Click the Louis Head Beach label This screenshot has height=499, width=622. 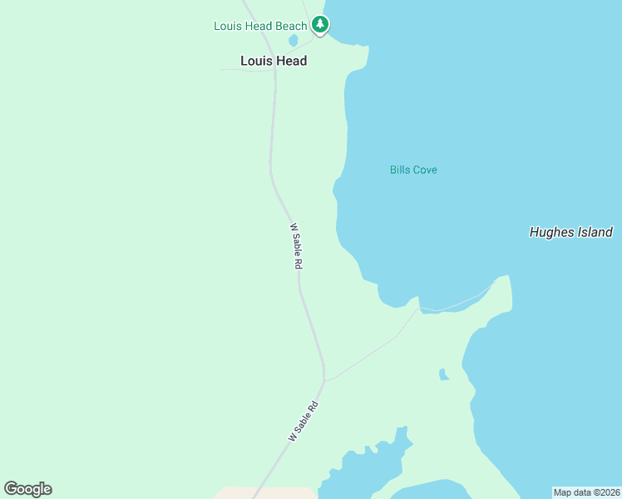point(260,26)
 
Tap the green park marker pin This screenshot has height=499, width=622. point(320,25)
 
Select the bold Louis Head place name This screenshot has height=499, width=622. point(274,61)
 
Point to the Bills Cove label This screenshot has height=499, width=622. point(413,170)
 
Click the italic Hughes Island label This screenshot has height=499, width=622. point(570,233)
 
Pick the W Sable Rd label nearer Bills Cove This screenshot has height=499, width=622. point(295,245)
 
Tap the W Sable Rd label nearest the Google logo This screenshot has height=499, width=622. point(304,422)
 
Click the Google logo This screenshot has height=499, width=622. point(27,489)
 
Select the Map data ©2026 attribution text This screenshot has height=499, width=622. point(586,492)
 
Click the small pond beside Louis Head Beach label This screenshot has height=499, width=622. point(293,40)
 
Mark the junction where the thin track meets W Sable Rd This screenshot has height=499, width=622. point(324,381)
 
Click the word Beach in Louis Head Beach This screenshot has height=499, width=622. point(291,26)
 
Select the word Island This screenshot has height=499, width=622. point(595,233)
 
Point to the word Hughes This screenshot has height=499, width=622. point(551,233)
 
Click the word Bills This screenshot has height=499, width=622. point(400,170)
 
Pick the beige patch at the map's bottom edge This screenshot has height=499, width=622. point(266,493)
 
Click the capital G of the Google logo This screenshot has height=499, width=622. point(11,488)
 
